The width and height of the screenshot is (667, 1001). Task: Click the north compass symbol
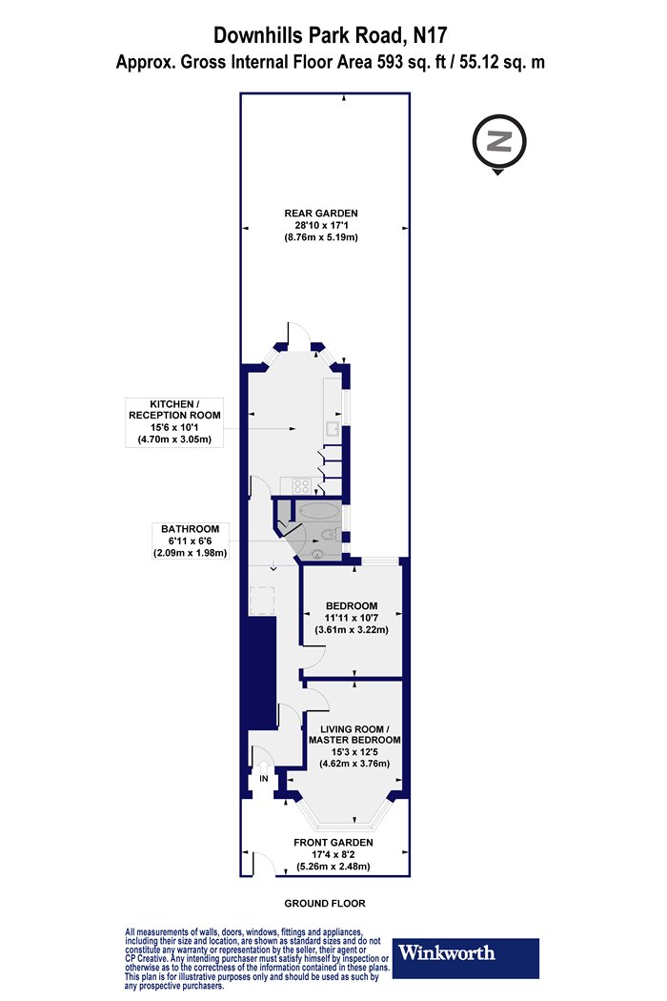tap(499, 143)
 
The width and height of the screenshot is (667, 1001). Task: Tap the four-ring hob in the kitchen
tap(302, 486)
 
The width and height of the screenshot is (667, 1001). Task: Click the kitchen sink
tap(332, 428)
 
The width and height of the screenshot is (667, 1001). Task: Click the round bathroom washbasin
tap(317, 553)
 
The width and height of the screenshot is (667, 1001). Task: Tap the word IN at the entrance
tap(264, 779)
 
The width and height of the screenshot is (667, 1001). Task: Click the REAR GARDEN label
tap(321, 214)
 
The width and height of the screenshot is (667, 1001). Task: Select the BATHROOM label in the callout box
tap(191, 528)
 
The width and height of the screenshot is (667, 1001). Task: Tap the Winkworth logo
tap(465, 957)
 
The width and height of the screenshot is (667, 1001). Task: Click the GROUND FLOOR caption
tap(325, 904)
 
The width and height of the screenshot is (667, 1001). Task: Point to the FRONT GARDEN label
tap(333, 843)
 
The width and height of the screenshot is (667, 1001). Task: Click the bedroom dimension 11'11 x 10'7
tap(352, 618)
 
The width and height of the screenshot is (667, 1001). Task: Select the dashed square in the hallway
tap(262, 601)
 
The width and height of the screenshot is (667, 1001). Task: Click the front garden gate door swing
tap(265, 864)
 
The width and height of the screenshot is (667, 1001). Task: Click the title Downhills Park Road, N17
tap(330, 35)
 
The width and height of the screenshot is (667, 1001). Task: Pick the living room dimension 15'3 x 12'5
tap(354, 752)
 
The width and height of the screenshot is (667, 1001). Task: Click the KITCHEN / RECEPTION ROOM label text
tap(175, 409)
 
